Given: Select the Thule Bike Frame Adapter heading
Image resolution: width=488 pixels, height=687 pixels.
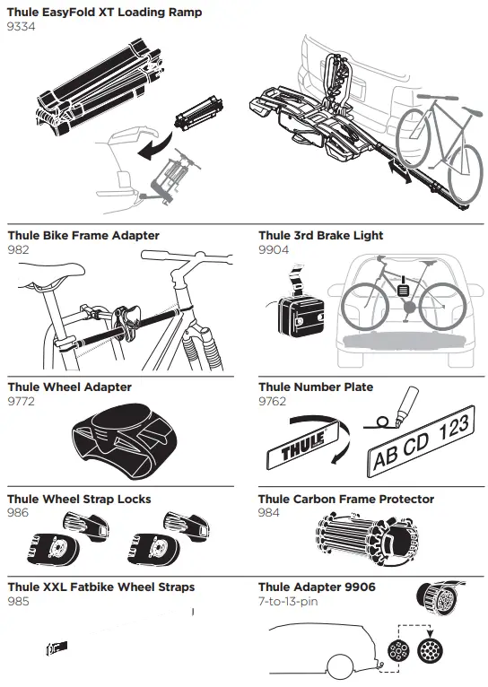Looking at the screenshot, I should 83,236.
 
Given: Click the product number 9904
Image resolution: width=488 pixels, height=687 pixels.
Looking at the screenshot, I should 274,250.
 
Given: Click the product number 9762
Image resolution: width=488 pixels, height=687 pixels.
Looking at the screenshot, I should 273,401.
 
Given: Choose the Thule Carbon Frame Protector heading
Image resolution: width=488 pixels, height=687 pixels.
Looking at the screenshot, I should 345,499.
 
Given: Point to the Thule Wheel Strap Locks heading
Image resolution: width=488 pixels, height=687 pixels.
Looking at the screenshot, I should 79,499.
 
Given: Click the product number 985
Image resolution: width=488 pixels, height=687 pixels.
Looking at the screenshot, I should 18,601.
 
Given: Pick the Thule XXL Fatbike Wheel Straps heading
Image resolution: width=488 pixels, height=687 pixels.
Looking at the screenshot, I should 100,587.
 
